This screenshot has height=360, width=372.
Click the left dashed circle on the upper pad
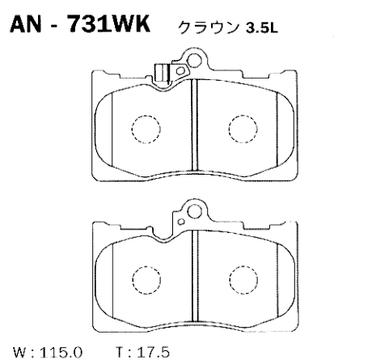coord(146,128)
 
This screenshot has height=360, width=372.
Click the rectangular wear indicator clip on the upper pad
coord(163,72)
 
